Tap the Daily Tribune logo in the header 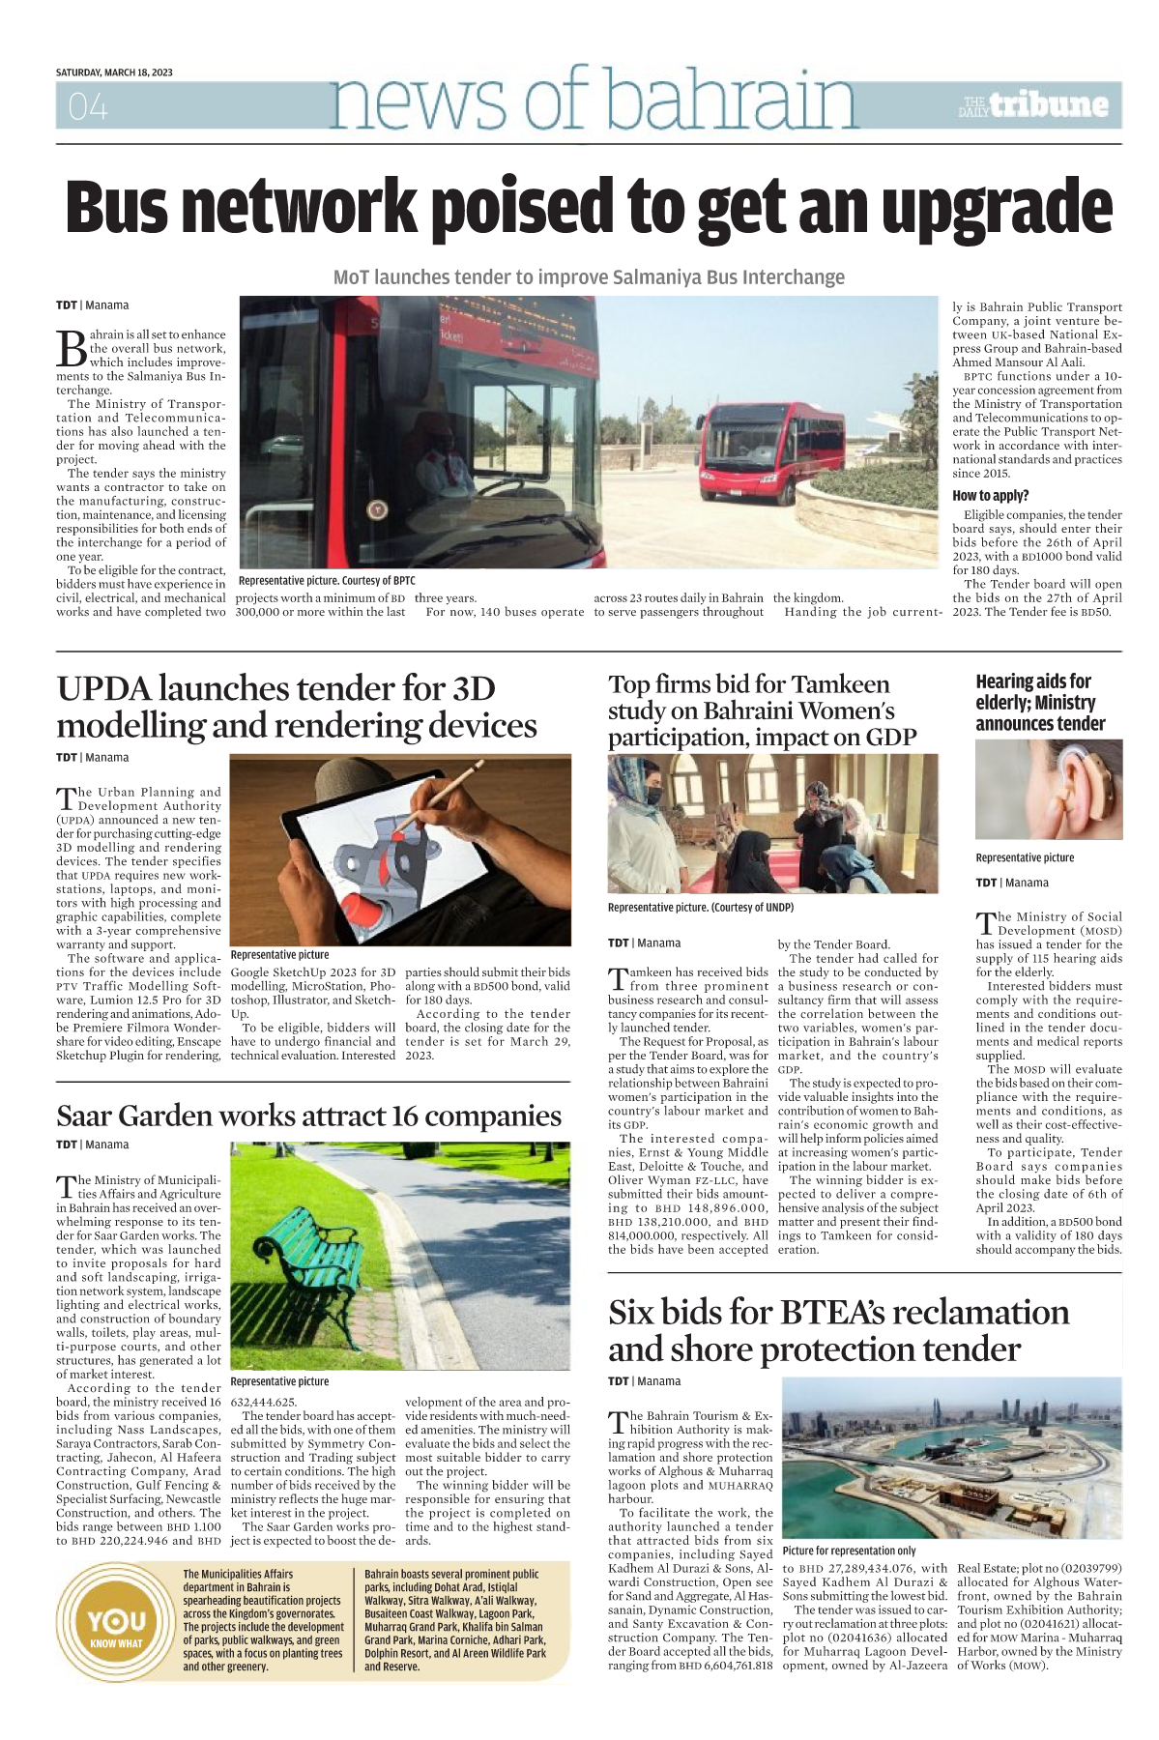pyautogui.click(x=1034, y=105)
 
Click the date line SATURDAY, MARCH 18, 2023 pyautogui.click(x=114, y=72)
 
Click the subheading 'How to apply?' pyautogui.click(x=990, y=496)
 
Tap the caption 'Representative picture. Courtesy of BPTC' pyautogui.click(x=327, y=581)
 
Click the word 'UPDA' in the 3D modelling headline pyautogui.click(x=102, y=689)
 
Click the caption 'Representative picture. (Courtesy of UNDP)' pyautogui.click(x=700, y=908)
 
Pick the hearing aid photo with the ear pyautogui.click(x=1048, y=791)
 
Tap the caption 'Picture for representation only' pyautogui.click(x=849, y=1551)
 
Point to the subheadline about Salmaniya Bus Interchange pyautogui.click(x=589, y=277)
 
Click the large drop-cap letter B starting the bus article pyautogui.click(x=72, y=348)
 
